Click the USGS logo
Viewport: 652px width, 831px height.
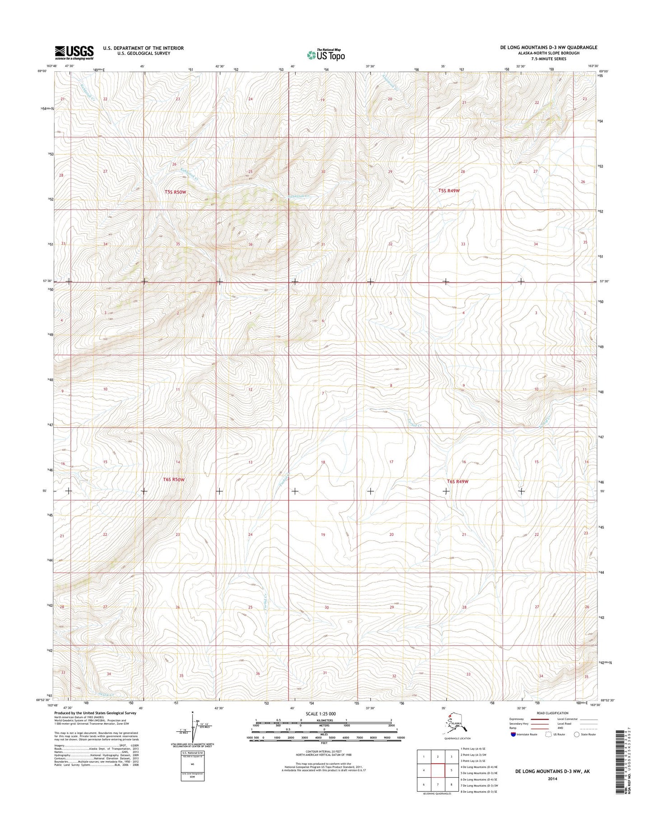point(74,52)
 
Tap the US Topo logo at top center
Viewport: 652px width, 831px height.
point(326,55)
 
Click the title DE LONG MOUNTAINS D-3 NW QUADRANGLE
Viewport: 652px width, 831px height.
point(549,47)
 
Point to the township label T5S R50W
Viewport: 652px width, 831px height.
point(175,192)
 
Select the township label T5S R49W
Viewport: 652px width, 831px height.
point(449,191)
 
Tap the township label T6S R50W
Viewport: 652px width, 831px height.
point(174,480)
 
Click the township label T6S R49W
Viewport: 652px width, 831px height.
point(458,481)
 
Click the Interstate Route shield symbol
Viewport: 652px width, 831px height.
point(513,734)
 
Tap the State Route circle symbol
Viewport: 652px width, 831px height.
point(577,734)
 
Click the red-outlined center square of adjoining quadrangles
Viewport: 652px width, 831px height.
point(438,770)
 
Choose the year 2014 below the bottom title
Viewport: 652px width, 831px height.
point(552,778)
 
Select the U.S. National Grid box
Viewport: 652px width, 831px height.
point(192,766)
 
